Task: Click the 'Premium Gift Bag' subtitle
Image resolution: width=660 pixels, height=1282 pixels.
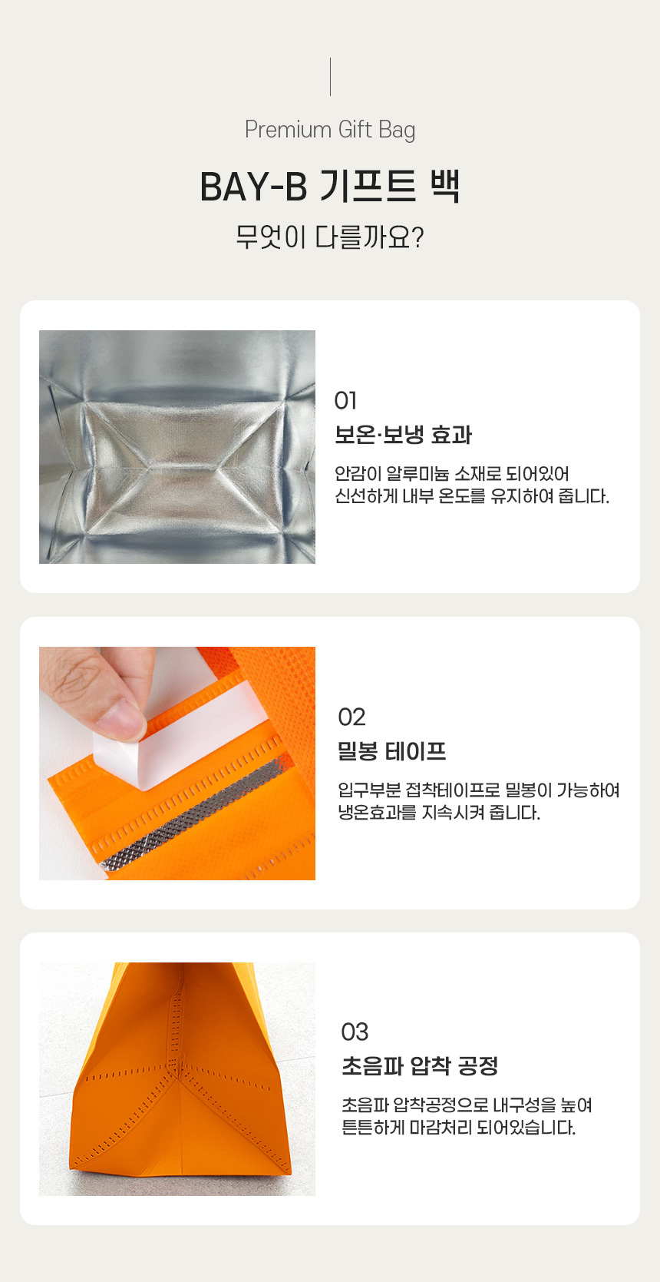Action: click(330, 130)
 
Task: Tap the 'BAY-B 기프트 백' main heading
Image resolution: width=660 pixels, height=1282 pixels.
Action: click(330, 187)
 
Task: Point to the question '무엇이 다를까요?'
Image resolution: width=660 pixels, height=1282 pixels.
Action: click(330, 237)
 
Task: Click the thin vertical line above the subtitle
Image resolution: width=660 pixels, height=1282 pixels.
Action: click(330, 77)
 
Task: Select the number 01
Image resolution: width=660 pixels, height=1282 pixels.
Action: click(345, 401)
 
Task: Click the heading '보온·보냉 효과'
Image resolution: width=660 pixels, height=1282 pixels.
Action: click(403, 435)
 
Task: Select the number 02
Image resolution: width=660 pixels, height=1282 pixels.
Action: click(351, 717)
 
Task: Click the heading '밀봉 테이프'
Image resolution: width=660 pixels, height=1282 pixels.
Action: click(391, 751)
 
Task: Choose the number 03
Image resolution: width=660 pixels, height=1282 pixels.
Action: click(355, 1032)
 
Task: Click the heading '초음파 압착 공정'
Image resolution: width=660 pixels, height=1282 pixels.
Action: click(420, 1066)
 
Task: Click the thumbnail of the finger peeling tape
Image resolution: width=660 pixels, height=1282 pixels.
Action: click(177, 764)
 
